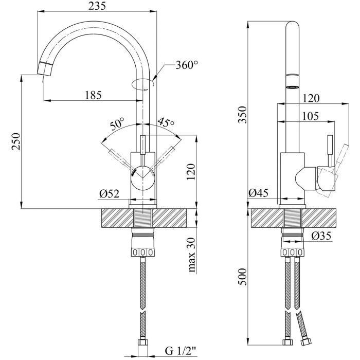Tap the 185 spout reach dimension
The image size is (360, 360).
click(x=93, y=95)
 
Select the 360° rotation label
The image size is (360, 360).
click(x=186, y=65)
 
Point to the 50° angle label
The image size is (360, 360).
click(x=117, y=124)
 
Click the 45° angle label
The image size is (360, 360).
click(x=166, y=122)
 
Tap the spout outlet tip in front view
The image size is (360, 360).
click(x=45, y=68)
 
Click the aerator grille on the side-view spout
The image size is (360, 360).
click(x=292, y=87)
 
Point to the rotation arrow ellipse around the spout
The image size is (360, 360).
click(x=142, y=83)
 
